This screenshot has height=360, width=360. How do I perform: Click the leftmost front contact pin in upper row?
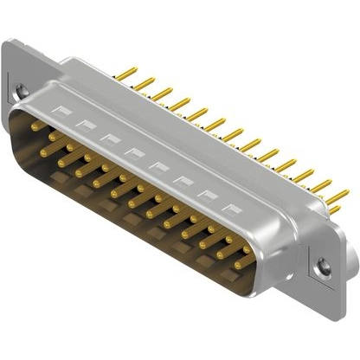[x=36, y=126]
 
